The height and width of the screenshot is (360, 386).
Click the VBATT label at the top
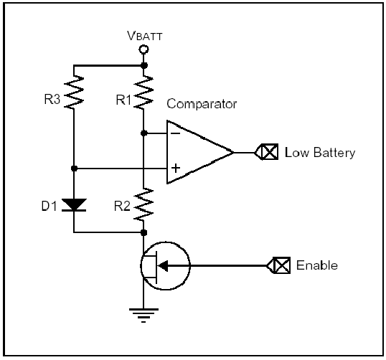click(x=145, y=36)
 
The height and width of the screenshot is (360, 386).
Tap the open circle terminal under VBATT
click(x=143, y=49)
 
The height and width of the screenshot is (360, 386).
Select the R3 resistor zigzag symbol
click(x=74, y=92)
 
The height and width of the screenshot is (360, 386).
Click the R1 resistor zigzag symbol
click(x=143, y=92)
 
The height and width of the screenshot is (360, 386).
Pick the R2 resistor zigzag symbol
click(x=143, y=204)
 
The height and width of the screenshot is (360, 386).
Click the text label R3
click(x=52, y=100)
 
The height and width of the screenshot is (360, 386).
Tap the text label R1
click(x=123, y=100)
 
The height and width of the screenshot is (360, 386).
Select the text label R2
click(x=122, y=206)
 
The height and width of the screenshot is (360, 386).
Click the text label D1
click(x=50, y=206)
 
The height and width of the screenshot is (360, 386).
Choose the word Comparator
click(x=202, y=104)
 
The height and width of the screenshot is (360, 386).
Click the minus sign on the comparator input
click(x=176, y=133)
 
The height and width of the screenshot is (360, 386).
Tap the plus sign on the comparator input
click(x=176, y=169)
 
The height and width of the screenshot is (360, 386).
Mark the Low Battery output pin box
click(x=266, y=152)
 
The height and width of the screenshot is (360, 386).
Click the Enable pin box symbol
click(x=278, y=265)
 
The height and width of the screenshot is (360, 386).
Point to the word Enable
click(x=317, y=265)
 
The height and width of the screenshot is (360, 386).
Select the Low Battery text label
click(x=320, y=153)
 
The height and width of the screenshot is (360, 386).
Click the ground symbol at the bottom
click(x=143, y=316)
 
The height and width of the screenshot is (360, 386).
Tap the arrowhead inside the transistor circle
click(x=163, y=266)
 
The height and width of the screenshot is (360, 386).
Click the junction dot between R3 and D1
click(x=74, y=169)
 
